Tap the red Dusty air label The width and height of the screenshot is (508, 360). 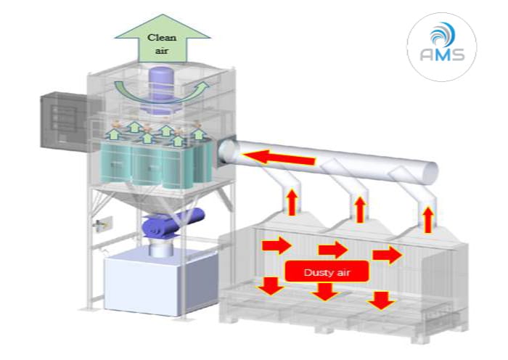click(x=327, y=270)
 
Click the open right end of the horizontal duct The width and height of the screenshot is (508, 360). click(x=427, y=171)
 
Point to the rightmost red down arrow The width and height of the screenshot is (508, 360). click(x=382, y=299)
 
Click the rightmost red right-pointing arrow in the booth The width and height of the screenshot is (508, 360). click(x=386, y=255)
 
